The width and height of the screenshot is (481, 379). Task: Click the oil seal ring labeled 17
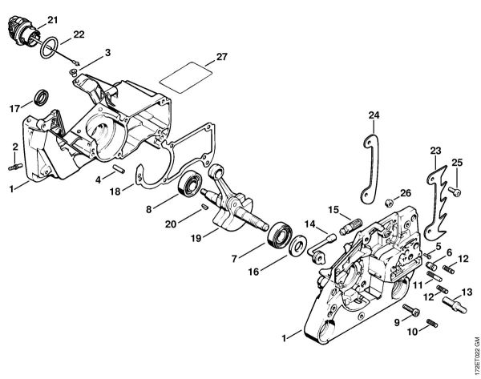point(39,99)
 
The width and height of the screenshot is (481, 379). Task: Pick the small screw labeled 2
point(15,166)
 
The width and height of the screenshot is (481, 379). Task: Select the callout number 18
point(116,192)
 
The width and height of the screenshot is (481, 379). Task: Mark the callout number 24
point(373,115)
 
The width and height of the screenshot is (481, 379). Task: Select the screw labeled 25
point(455,191)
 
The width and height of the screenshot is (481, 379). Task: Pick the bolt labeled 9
point(411,311)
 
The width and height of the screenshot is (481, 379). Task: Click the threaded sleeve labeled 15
point(347,226)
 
